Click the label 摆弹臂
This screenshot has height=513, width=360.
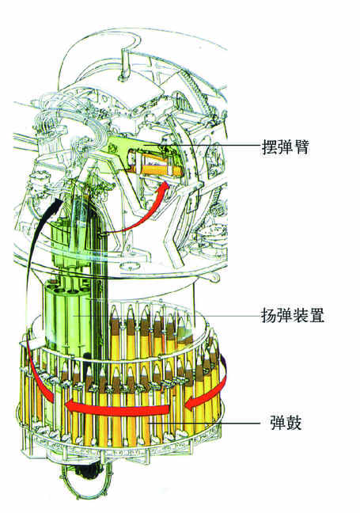pyautogui.click(x=285, y=147)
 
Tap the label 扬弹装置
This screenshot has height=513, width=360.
pyautogui.click(x=293, y=316)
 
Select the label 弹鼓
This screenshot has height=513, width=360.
pyautogui.click(x=286, y=423)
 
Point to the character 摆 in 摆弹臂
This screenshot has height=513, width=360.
pyautogui.click(x=269, y=147)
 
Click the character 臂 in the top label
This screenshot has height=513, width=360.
pyautogui.click(x=301, y=147)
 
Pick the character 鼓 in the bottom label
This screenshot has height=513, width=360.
pyautogui.click(x=294, y=423)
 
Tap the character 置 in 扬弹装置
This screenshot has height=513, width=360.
pyautogui.click(x=316, y=316)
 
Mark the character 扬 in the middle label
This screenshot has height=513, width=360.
pyautogui.click(x=269, y=316)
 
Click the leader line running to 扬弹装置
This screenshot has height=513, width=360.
pyautogui.click(x=166, y=316)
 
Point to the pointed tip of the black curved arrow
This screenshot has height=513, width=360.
pyautogui.click(x=60, y=199)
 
